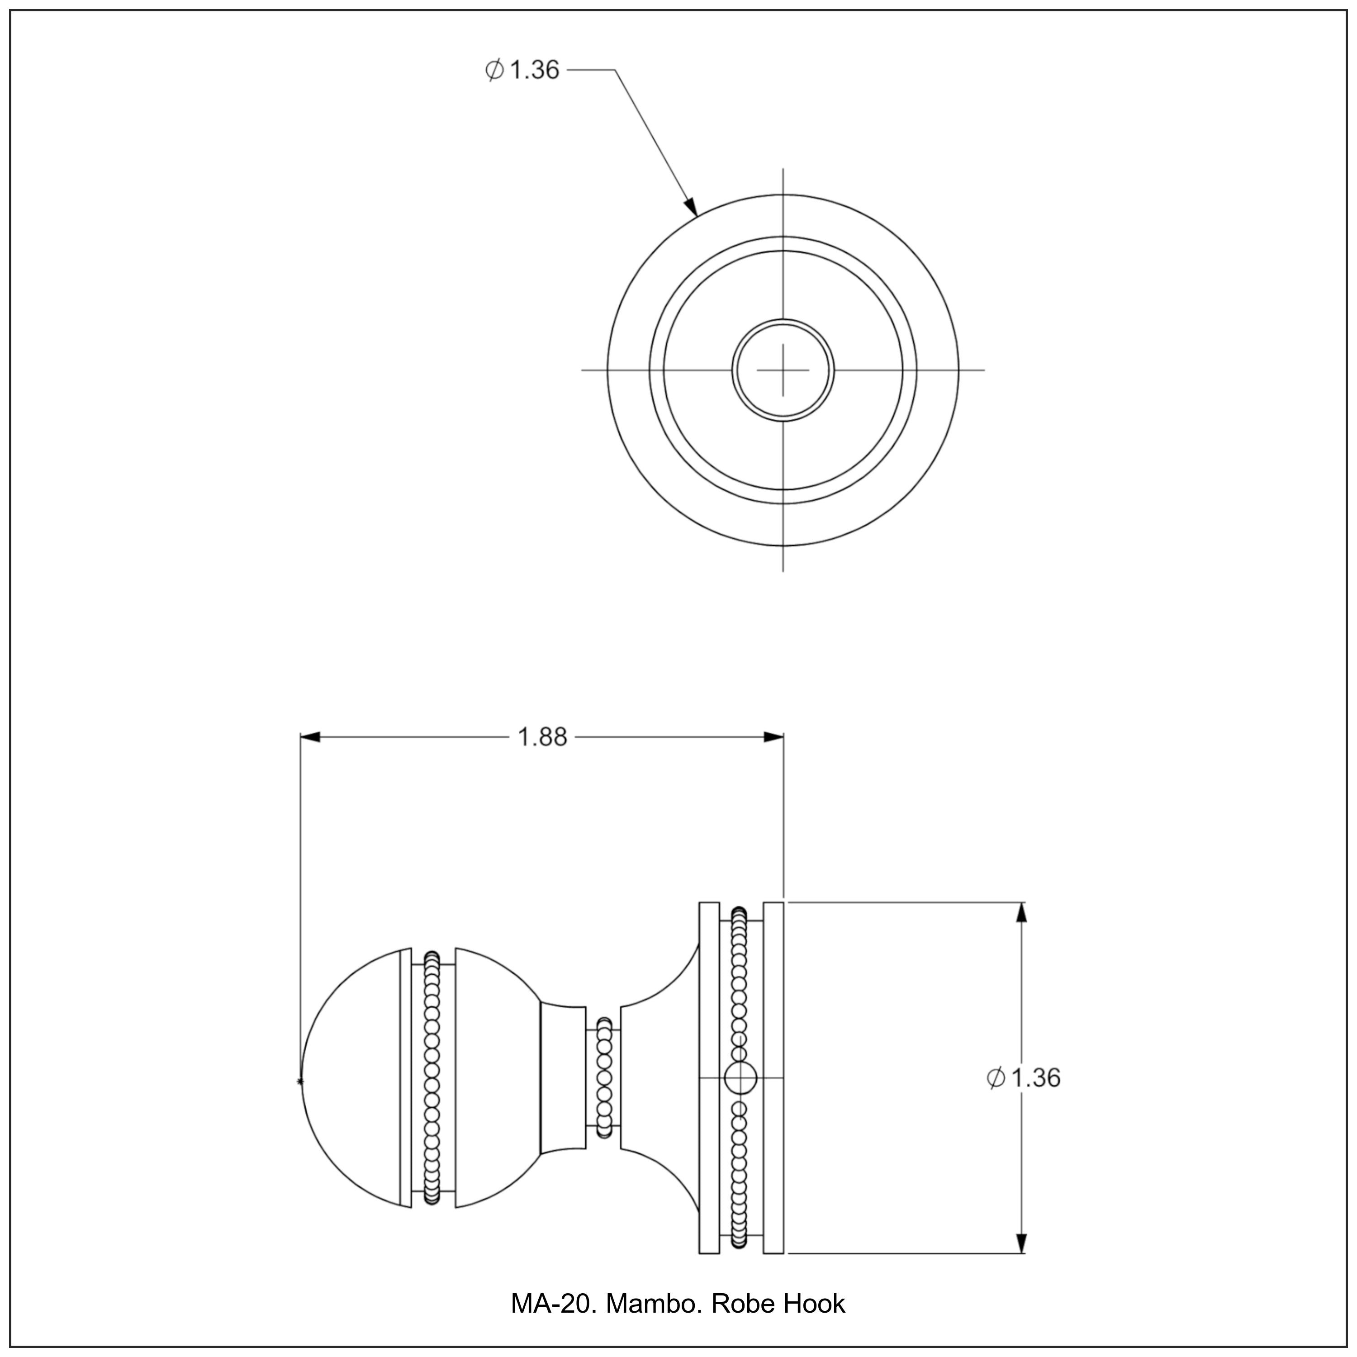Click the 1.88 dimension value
click(541, 737)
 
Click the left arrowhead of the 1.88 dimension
click(310, 737)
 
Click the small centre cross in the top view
click(783, 370)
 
